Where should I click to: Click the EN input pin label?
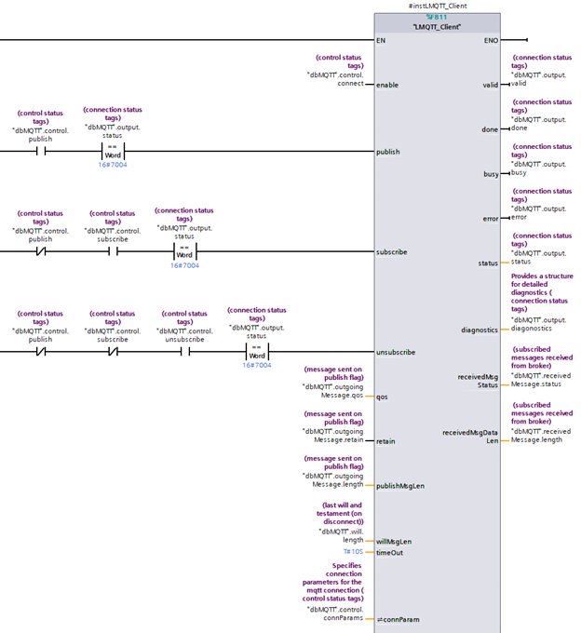(x=381, y=41)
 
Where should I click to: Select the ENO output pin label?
(x=491, y=41)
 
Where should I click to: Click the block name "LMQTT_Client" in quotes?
(x=436, y=27)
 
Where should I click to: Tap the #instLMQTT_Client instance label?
(x=437, y=7)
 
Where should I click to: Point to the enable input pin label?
(x=387, y=85)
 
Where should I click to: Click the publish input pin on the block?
(x=389, y=152)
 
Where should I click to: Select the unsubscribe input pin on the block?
(x=395, y=353)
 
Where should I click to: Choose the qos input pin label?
(x=382, y=397)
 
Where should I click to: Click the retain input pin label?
(x=385, y=441)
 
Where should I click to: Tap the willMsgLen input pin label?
(x=395, y=541)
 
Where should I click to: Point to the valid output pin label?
(x=490, y=85)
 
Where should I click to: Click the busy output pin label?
(x=490, y=173)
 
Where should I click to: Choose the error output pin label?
(x=490, y=218)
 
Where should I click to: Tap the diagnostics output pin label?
(x=480, y=330)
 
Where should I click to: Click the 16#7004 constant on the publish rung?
(x=112, y=164)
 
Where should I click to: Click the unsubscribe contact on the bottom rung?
(x=184, y=352)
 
